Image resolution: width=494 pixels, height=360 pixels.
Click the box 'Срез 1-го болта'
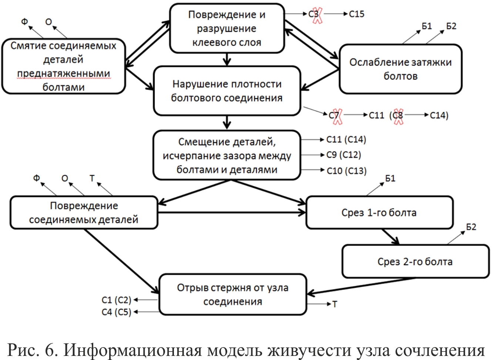click(380, 213)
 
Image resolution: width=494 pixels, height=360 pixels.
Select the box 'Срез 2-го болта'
click(416, 261)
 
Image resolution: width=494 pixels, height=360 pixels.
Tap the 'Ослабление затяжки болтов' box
click(400, 69)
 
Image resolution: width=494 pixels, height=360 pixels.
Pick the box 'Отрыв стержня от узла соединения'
click(233, 294)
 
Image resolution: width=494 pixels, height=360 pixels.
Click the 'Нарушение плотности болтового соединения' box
click(227, 91)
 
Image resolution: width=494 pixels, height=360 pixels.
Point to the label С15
click(357, 14)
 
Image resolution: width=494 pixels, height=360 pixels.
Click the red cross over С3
click(317, 15)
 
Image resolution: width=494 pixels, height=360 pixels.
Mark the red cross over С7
click(337, 117)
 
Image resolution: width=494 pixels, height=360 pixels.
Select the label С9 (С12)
click(344, 155)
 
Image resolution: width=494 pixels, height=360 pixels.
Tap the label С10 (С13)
click(346, 171)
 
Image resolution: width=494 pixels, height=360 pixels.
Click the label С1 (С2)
click(117, 300)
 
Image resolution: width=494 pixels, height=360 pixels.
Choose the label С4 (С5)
click(117, 312)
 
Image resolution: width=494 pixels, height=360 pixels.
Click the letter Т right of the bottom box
click(335, 304)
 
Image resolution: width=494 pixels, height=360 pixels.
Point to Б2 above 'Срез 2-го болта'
click(471, 227)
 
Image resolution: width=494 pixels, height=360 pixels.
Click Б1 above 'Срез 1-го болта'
click(390, 179)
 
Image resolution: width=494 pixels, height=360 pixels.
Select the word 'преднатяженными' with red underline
click(64, 73)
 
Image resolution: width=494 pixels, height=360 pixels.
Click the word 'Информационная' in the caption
click(132, 350)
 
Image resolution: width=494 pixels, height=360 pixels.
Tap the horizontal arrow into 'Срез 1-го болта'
click(232, 213)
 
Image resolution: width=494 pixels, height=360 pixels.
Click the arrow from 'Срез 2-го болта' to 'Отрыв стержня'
click(361, 286)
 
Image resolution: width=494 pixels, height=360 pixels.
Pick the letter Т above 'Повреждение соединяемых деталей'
click(92, 178)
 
